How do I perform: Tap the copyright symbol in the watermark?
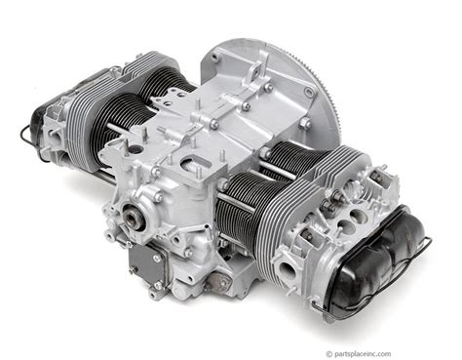point(329,354)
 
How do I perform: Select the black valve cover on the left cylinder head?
point(37,130)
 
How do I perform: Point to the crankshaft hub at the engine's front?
point(134,216)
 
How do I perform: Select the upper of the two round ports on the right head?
point(357,215)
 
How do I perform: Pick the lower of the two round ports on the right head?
point(343,225)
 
